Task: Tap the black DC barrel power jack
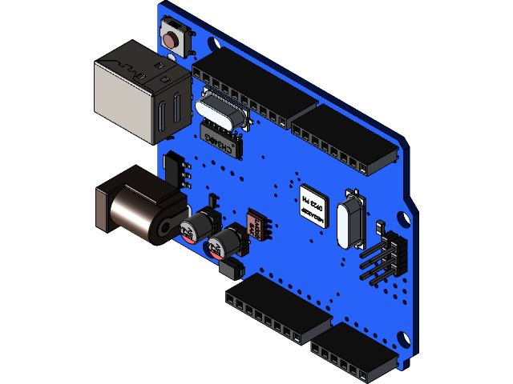pos(136,206)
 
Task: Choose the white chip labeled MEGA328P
pos(313,206)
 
